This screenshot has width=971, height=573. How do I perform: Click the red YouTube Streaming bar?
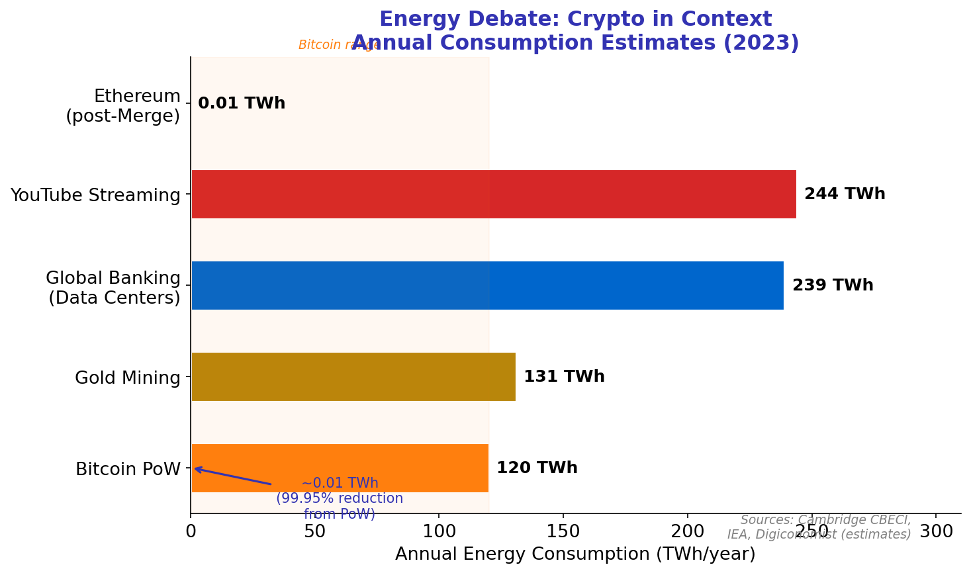[x=493, y=194]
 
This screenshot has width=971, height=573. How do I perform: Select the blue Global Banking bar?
[x=487, y=285]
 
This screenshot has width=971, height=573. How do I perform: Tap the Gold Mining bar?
[x=353, y=376]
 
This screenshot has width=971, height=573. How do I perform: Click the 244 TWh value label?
[x=844, y=194]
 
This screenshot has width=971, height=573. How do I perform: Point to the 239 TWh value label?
[x=832, y=285]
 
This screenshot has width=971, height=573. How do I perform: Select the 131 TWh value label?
[x=563, y=376]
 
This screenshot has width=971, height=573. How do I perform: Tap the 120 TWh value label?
[x=536, y=468]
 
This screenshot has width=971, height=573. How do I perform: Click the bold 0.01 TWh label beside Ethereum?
[x=241, y=103]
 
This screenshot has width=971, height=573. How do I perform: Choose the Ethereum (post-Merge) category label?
[x=123, y=106]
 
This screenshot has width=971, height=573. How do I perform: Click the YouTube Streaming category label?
[x=95, y=195]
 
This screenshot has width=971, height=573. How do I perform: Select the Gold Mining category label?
[x=127, y=378]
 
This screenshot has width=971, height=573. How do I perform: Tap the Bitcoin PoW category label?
[x=128, y=469]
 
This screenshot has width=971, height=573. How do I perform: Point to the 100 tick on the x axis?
[x=439, y=531]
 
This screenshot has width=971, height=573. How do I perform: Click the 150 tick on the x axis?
[x=563, y=531]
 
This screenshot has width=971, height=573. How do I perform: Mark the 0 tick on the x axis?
[x=191, y=531]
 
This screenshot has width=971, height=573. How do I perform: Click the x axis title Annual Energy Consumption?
[x=575, y=554]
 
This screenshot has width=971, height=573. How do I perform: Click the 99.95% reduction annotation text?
[x=340, y=498]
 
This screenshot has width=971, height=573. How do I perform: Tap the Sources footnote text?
[x=819, y=527]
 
